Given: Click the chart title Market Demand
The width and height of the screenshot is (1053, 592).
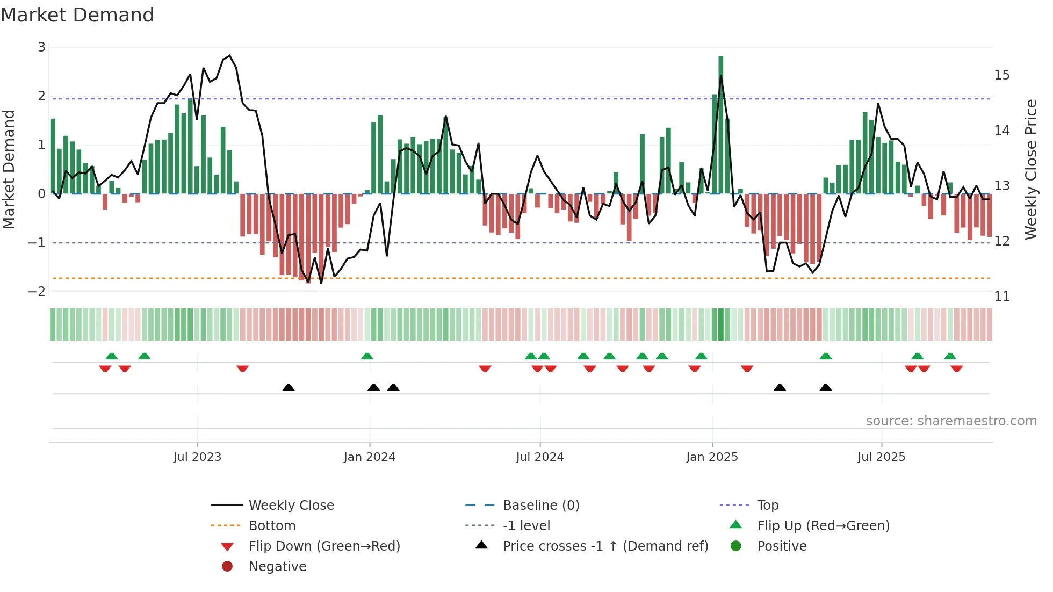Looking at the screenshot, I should coord(77,15).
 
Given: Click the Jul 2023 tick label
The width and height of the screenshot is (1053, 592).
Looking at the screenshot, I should coord(197,457).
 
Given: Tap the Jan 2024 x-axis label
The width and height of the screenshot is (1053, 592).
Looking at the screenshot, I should coord(370,457).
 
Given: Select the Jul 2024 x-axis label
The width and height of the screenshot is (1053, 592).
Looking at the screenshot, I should coord(540,457).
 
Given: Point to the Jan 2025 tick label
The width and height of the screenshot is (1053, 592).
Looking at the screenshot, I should coord(712,457).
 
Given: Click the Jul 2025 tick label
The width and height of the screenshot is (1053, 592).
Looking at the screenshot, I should coord(881,457).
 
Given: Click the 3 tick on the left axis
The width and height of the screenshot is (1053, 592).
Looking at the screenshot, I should coord(41,47).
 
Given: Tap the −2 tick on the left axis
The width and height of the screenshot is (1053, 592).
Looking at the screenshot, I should coord(37,292).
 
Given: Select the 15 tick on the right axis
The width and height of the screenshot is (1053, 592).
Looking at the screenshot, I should coord(1001,75).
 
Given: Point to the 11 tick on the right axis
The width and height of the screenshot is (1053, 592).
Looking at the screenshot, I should coord(1001,297).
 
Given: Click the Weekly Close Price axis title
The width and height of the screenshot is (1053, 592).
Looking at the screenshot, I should coord(1030,169).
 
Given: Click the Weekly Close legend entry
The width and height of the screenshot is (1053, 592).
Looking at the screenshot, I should coord(291,506).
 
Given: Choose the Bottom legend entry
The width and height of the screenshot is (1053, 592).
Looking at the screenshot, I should coord(272,526).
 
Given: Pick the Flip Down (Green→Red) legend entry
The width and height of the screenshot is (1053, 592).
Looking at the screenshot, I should coord(324,546).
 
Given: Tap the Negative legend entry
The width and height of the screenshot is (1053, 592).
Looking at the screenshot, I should coord(277,567).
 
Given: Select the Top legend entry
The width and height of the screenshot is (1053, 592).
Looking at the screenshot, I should coord(768,506).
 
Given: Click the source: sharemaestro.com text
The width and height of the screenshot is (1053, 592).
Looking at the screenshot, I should coord(951,421).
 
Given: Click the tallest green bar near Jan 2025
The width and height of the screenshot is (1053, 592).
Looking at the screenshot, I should coord(720,124).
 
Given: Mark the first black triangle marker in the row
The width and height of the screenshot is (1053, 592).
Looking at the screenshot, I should coord(289,387).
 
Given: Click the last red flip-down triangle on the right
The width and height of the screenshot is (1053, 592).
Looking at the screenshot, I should coord(956,369).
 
